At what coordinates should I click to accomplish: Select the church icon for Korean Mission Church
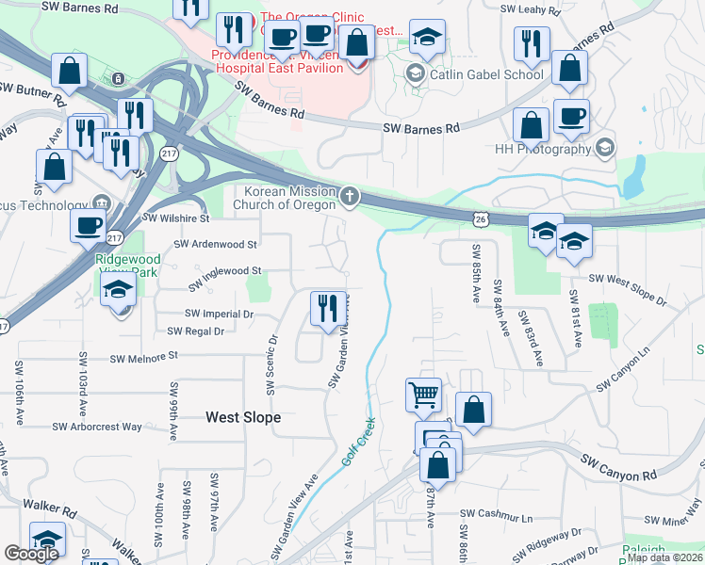coord(350,197)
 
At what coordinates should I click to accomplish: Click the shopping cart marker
coord(423,395)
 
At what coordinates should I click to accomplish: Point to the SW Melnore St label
coord(144,358)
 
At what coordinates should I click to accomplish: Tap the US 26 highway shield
coord(481,218)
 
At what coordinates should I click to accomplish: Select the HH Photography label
coord(542,149)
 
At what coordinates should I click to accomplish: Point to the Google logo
coord(31,554)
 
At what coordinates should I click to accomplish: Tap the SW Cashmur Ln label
coord(496,516)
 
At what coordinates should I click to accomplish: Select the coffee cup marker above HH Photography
coord(571,117)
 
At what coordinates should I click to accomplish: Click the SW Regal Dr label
coord(195,331)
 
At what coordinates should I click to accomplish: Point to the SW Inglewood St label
coord(223,271)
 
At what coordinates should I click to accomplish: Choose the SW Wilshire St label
coord(175,218)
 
